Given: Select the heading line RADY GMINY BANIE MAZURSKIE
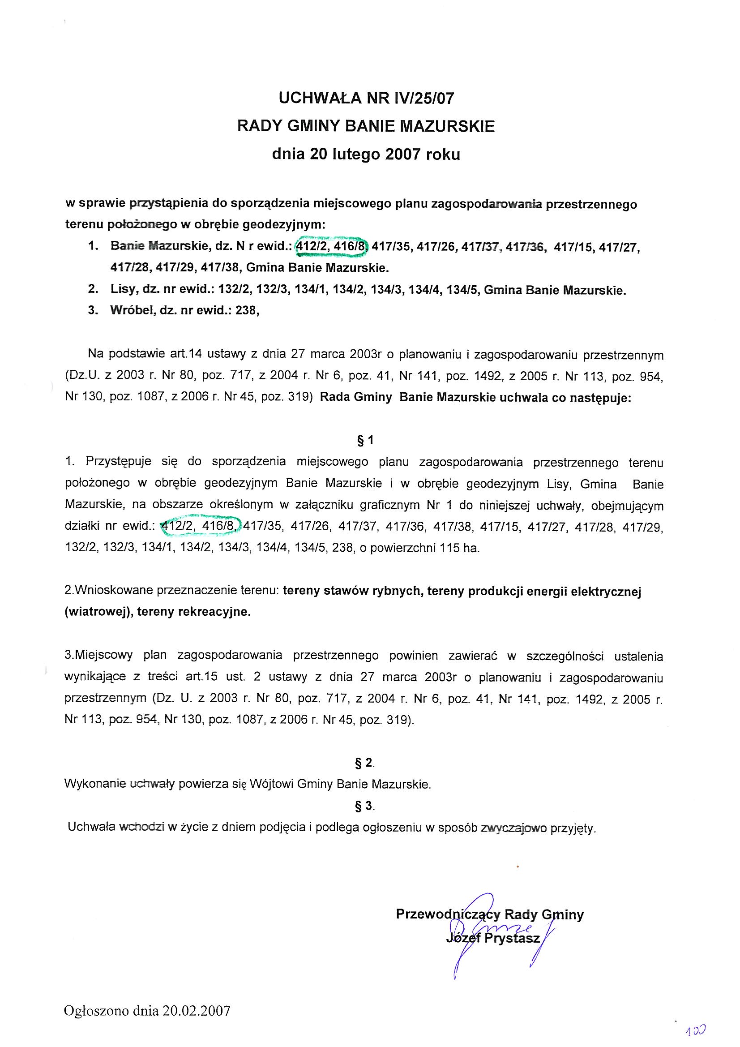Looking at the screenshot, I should (366, 126).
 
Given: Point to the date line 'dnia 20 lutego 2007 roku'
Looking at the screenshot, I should (366, 154).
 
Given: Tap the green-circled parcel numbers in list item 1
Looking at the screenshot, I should (331, 247).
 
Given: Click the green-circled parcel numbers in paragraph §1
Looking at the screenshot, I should (201, 527).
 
